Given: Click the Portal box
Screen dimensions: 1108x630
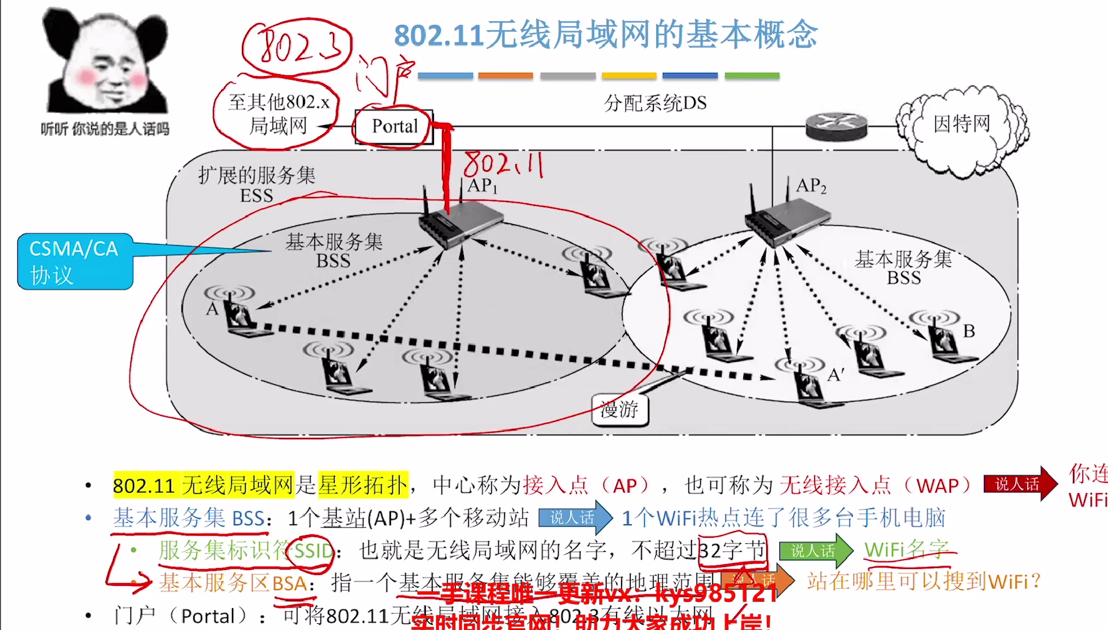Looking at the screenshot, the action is point(394,127).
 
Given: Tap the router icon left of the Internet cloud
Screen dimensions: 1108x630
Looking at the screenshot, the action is point(836,127).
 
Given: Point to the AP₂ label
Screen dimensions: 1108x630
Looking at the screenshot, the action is point(811,185).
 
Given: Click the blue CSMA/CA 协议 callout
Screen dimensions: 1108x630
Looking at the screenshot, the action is point(75,261).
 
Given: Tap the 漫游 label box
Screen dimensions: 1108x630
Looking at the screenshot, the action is point(619,410).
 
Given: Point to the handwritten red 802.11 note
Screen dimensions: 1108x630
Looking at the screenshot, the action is point(503,164).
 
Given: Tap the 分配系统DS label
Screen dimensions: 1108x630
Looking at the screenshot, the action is point(655,103).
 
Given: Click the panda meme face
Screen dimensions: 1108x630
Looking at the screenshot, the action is point(105,62).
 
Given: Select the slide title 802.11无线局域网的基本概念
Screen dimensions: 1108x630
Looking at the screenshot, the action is point(605,34).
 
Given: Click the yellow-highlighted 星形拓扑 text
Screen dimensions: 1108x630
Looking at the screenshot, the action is point(363,485).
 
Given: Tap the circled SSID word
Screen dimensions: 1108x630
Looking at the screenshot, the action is point(314,551).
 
